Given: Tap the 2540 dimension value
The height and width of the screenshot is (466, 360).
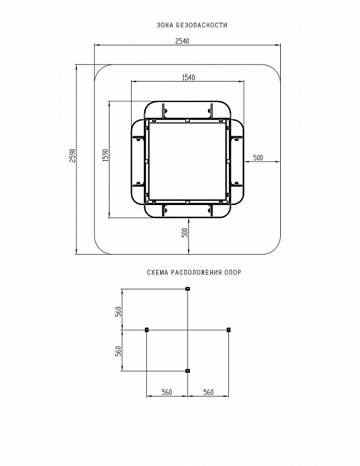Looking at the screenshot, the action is pos(182,41).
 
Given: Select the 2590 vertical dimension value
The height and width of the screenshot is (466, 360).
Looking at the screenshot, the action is pos(73,155).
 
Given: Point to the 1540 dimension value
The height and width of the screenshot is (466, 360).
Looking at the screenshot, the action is pos(188,77).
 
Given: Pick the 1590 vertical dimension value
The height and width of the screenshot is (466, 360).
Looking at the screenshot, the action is pos(106,155).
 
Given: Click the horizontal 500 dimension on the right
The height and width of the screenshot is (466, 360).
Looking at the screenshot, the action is pos(258,158).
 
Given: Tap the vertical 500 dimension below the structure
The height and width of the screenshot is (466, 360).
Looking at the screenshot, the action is pos(185,232).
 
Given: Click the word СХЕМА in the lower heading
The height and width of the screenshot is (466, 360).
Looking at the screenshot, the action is pos(157,272).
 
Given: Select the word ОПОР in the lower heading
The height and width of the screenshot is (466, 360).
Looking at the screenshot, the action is pos(234,272).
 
